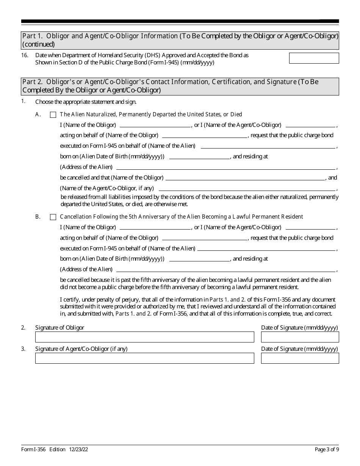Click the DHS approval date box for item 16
point(314,58)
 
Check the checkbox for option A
point(53,114)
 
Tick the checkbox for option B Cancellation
point(53,217)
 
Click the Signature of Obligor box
point(144,337)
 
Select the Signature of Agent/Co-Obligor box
point(144,358)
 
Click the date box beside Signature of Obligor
point(300,337)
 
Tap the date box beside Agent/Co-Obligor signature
point(300,358)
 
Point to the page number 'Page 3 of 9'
point(327,450)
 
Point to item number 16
point(25,55)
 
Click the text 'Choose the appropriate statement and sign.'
point(86,102)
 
